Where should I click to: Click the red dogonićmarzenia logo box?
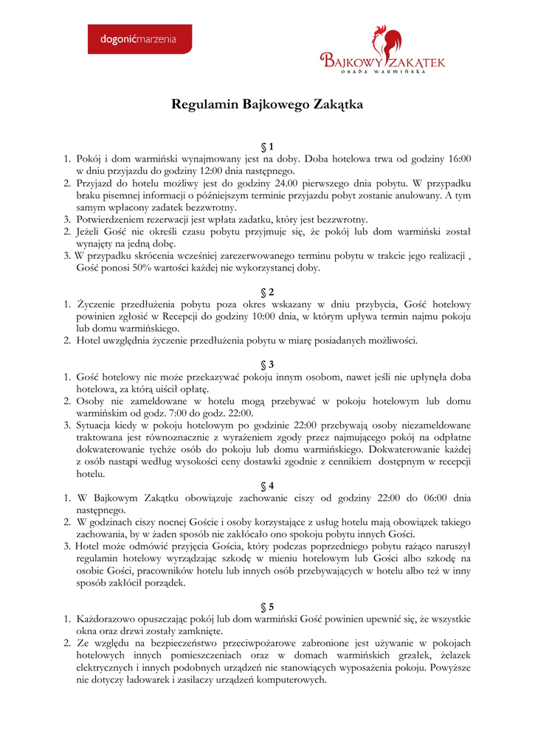139,39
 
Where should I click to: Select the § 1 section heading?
267,145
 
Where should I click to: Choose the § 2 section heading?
267,291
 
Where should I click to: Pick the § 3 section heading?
267,364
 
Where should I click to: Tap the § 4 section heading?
267,485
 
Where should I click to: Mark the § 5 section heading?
267,606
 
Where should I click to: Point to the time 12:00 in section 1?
204,170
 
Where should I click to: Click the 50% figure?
137,268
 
